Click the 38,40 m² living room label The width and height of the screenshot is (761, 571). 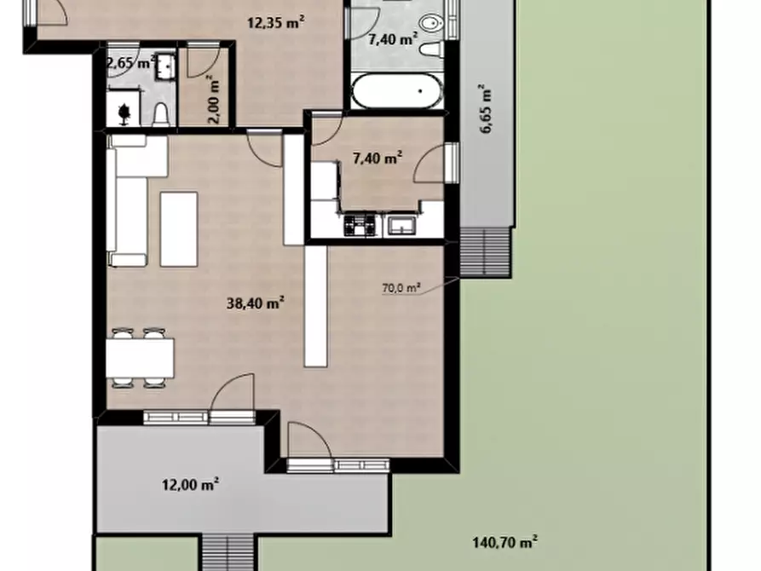tap(256, 303)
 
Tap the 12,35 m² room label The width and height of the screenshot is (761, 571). tap(276, 22)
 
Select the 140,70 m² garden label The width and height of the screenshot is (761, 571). tap(505, 541)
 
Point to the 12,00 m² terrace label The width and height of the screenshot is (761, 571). tap(190, 484)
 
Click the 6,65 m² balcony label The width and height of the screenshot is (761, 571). tap(487, 108)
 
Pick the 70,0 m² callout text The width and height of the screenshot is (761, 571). tap(401, 288)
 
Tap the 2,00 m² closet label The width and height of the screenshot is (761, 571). tap(215, 100)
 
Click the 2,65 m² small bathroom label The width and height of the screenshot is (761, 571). tap(131, 63)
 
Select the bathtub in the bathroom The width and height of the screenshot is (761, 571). tap(397, 91)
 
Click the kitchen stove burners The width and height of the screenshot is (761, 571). tap(360, 225)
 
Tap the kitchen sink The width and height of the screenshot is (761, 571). tap(400, 226)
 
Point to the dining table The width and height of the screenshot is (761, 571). tap(140, 358)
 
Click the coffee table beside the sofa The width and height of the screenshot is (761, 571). tap(179, 229)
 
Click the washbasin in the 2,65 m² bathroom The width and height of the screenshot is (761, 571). tap(165, 67)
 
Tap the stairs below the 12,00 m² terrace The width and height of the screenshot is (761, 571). tap(228, 553)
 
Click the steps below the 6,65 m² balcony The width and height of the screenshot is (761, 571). tap(486, 252)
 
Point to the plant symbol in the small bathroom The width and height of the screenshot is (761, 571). tap(124, 114)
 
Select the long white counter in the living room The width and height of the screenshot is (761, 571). tap(315, 306)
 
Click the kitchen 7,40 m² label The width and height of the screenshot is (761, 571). tap(378, 158)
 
